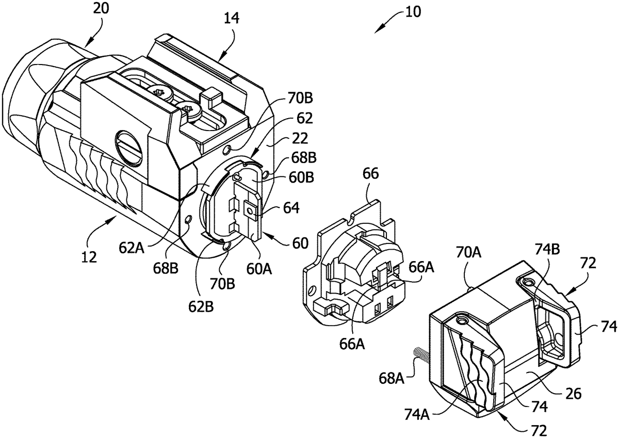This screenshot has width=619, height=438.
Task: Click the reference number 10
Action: (413, 12)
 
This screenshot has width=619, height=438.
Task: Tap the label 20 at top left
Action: (101, 8)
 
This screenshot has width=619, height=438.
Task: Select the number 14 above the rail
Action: (231, 19)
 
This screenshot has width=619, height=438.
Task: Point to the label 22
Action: (300, 138)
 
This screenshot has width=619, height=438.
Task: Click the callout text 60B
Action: (301, 177)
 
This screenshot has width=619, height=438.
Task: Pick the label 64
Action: (291, 208)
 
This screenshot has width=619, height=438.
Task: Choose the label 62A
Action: (132, 248)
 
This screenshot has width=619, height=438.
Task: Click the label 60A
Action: (259, 269)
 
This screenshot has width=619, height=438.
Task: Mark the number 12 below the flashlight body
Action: (89, 257)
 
